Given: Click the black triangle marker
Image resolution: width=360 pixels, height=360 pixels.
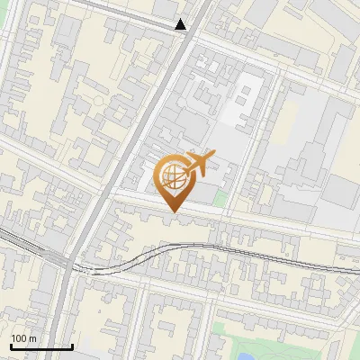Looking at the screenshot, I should (181, 24).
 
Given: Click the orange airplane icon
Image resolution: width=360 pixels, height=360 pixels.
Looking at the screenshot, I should (199, 163).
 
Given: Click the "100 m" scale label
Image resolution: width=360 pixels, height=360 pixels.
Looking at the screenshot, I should (24, 338).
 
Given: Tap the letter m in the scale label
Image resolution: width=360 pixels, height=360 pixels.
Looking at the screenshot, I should (32, 338).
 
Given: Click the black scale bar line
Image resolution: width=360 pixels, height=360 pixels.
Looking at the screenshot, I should (40, 347).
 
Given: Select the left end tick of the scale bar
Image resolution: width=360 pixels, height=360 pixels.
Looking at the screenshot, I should (10, 345).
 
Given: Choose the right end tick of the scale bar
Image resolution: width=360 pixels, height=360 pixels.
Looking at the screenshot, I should (72, 345).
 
